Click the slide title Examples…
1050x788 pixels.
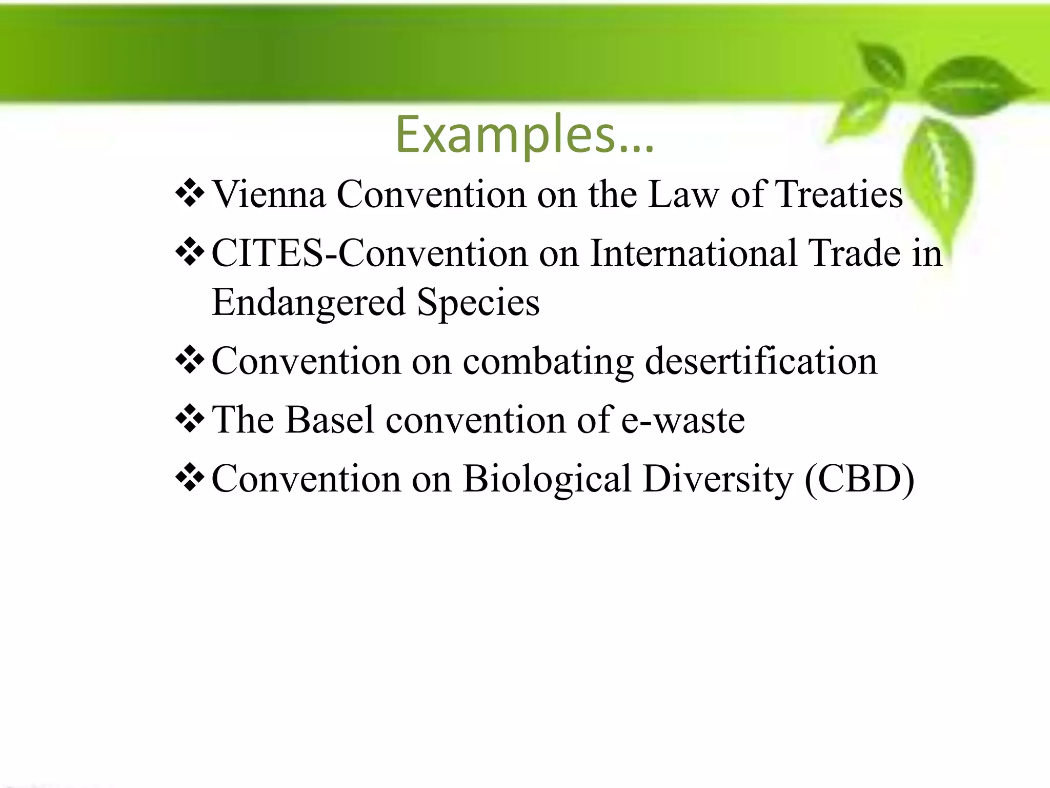(x=524, y=134)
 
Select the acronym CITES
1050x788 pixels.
(x=267, y=253)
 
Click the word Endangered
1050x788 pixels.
(x=308, y=302)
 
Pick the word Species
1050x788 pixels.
(x=478, y=302)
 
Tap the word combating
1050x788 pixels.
(x=548, y=362)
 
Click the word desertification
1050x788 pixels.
(x=761, y=362)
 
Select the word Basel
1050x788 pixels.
(x=329, y=420)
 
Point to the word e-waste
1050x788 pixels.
(x=683, y=420)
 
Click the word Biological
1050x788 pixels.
(x=547, y=479)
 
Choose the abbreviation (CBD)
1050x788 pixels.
(x=860, y=479)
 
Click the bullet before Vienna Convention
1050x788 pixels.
(x=190, y=193)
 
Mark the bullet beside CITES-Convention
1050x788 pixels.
(x=190, y=252)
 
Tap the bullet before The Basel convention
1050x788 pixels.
(x=190, y=419)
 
